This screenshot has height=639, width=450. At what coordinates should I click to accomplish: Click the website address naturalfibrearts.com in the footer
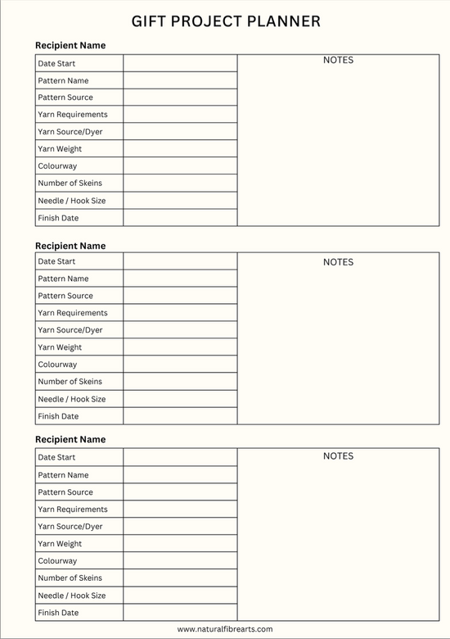[x=225, y=629]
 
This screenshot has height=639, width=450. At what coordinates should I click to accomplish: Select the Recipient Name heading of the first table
[x=70, y=46]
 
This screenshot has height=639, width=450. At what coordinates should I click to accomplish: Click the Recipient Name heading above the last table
[x=70, y=440]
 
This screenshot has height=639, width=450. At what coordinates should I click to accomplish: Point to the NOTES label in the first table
[x=338, y=60]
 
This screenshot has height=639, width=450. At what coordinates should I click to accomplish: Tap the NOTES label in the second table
[x=338, y=262]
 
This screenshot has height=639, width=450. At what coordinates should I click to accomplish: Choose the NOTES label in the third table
[x=338, y=456]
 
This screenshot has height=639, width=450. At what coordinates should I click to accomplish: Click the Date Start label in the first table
[x=56, y=63]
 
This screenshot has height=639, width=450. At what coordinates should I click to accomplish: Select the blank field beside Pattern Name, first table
[x=180, y=80]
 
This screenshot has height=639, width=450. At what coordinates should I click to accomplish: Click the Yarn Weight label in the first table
[x=60, y=149]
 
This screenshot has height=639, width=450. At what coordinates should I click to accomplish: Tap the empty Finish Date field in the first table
[x=180, y=218]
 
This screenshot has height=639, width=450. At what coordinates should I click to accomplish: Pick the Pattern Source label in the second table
[x=65, y=296]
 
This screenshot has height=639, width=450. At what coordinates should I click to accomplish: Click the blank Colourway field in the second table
[x=180, y=365]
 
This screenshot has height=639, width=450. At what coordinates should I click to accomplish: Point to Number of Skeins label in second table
[x=70, y=382]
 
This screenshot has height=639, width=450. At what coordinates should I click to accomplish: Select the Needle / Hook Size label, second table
[x=72, y=399]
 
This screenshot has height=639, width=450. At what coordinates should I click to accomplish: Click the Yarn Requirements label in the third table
[x=73, y=510]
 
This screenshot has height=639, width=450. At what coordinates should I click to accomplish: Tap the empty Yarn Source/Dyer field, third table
[x=180, y=527]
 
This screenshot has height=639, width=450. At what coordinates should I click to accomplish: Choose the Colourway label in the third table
[x=57, y=561]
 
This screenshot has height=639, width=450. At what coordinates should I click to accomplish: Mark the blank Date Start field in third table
[x=180, y=457]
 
